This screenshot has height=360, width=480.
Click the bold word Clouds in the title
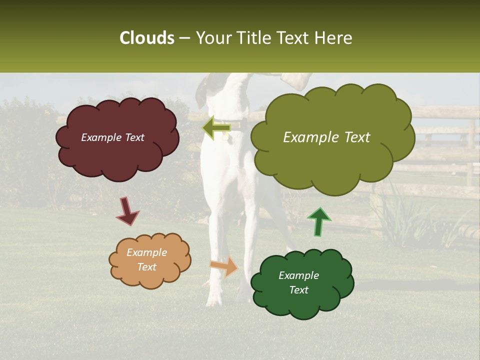click(x=146, y=38)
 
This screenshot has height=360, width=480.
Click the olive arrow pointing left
click(x=216, y=128)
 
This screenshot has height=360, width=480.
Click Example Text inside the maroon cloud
click(x=112, y=137)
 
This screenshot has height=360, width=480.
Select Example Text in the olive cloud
click(x=326, y=137)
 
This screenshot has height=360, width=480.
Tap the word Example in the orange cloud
click(x=146, y=252)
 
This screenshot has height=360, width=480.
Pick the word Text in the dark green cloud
click(x=298, y=290)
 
